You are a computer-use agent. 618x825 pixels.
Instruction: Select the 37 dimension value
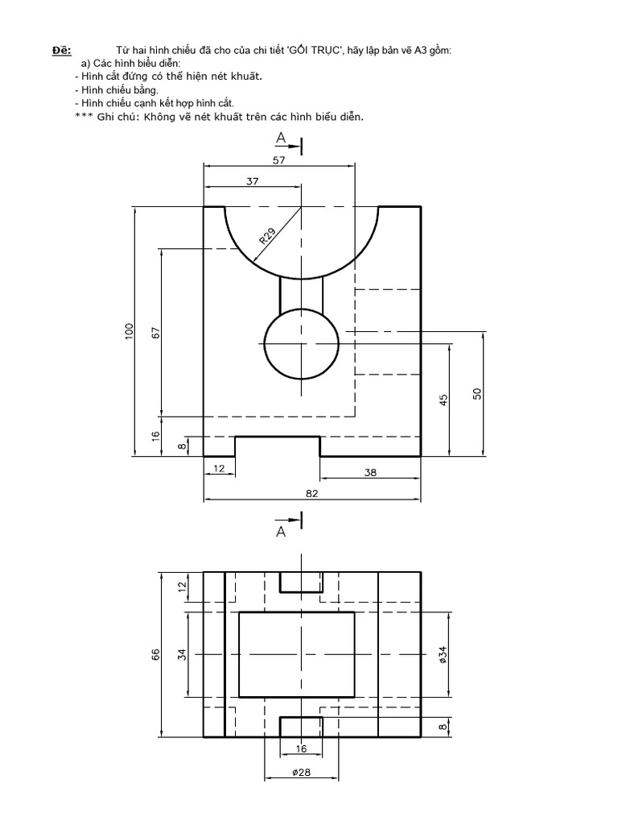coord(252,182)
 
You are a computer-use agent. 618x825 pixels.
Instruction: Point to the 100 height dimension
coord(129,331)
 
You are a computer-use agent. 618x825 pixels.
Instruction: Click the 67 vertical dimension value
coord(156,331)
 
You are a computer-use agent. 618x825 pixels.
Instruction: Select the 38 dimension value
coord(369,473)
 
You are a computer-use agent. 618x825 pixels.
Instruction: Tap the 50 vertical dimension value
coord(476,393)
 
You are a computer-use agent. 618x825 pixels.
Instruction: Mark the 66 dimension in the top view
coord(157,654)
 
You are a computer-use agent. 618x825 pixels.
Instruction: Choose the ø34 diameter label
coord(443,654)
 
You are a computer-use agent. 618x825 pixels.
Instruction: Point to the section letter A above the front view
coord(281,139)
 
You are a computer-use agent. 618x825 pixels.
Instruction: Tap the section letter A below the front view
coord(281,532)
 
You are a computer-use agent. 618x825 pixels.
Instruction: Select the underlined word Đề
coord(62,51)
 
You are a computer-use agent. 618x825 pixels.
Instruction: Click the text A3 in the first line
coord(419,51)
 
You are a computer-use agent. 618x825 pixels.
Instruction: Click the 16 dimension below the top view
coord(301,748)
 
